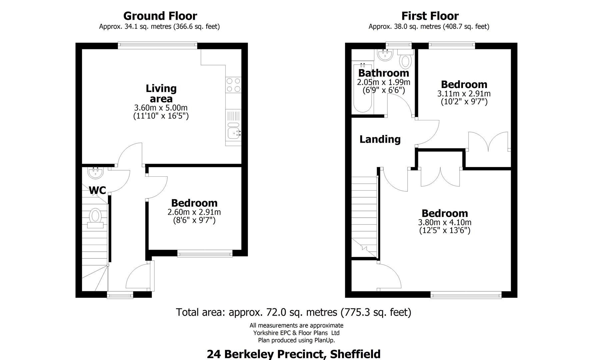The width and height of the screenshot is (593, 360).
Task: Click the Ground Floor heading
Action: coord(160,16)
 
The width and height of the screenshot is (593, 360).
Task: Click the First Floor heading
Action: coord(430,16)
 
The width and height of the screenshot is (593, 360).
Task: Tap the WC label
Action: coord(97,190)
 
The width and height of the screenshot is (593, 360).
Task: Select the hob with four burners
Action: coord(233,85)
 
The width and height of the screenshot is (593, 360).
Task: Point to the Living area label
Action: coord(161,93)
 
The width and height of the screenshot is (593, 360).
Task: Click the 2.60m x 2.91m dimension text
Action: coord(194,212)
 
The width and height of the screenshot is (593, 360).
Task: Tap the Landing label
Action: coord(380,139)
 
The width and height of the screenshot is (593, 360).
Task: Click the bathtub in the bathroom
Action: coord(362,88)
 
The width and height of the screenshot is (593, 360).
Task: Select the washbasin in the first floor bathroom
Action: coord(386,54)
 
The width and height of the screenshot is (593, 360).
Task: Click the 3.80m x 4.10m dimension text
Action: coord(445,222)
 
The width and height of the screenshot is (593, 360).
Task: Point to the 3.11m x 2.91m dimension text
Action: coord(464,94)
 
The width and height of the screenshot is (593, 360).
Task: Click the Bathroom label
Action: coord(383,73)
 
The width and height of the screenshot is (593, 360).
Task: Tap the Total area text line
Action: coord(293,312)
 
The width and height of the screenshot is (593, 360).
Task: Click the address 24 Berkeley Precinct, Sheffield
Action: coord(293,354)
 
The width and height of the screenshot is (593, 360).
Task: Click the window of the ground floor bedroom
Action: coord(205,254)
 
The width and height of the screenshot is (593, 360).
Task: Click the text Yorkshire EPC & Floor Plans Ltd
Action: coord(296,333)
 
